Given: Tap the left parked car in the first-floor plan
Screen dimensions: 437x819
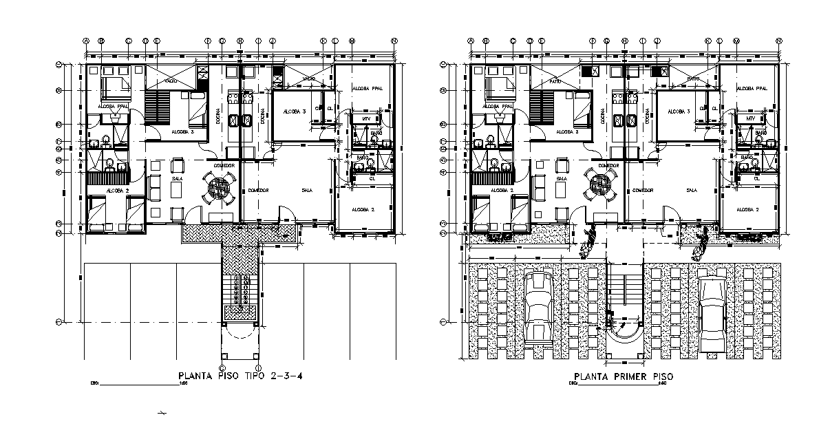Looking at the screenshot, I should (x=538, y=306).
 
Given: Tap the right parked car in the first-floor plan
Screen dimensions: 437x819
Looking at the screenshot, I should (x=710, y=306).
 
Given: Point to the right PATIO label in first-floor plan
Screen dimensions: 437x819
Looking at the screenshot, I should (x=692, y=80).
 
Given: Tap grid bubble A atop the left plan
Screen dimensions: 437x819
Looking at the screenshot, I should (x=86, y=41).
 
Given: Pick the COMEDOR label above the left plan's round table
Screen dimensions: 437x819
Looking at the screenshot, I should (x=224, y=166).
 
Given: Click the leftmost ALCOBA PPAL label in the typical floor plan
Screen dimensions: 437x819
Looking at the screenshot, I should (x=113, y=107).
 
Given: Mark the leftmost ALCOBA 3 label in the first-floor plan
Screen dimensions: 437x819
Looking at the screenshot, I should (x=566, y=131).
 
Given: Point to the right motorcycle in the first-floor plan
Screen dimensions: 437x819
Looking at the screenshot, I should (x=702, y=243).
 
